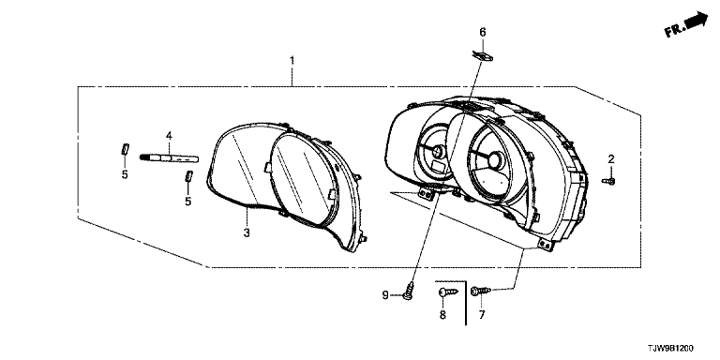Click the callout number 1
tap(292, 61)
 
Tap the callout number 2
tap(610, 159)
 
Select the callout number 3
tap(247, 232)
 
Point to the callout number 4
tap(169, 135)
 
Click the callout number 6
tap(482, 32)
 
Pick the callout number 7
tap(482, 315)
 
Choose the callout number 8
tap(442, 315)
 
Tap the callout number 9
tap(385, 294)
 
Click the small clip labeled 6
tap(482, 56)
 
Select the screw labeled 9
tap(408, 292)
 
